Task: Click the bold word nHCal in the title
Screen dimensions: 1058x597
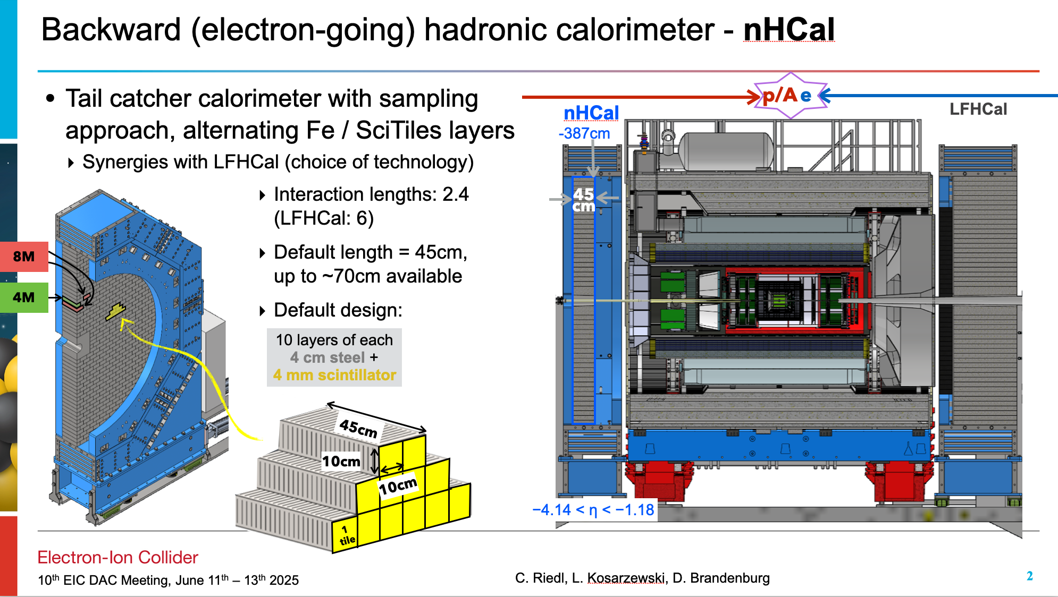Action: pos(789,30)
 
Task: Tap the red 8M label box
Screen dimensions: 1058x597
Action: pos(24,257)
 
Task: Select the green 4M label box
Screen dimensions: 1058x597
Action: pos(24,297)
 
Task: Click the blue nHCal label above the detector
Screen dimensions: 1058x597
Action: pos(591,113)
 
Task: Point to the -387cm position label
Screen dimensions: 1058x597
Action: pos(584,133)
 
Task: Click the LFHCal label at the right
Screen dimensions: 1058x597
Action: pos(978,109)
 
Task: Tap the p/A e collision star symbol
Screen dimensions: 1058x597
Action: pos(791,96)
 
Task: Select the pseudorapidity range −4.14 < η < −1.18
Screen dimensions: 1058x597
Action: pos(593,510)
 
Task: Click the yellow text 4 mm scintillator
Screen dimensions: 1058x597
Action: pos(334,375)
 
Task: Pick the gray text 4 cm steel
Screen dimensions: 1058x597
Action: pos(328,357)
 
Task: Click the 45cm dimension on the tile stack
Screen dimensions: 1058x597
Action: pos(358,428)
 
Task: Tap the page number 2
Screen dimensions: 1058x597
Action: pos(1029,576)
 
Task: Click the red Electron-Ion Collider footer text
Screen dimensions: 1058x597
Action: pos(117,557)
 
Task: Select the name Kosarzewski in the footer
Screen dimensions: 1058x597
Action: pos(626,578)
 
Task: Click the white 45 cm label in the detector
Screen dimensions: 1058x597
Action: pos(583,200)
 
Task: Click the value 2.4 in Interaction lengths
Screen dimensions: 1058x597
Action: pos(456,194)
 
